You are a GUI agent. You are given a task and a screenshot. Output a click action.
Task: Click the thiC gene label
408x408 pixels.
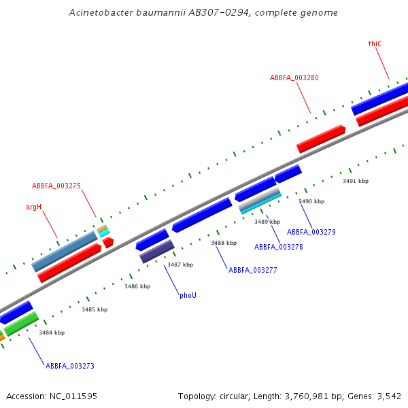tap(375, 44)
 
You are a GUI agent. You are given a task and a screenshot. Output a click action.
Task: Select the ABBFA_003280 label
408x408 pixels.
tap(294, 78)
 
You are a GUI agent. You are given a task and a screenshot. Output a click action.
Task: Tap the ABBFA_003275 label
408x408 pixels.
tap(56, 186)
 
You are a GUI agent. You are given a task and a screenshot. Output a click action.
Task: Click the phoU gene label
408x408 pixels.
tap(188, 295)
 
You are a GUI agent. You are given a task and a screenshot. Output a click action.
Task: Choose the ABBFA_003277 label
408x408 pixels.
tap(253, 270)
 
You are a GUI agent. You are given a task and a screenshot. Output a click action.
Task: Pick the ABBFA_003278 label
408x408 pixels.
tap(279, 247)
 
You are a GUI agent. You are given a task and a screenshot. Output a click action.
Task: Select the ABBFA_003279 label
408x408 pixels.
tap(311, 232)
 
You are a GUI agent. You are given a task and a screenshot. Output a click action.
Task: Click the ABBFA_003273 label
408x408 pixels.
tap(70, 366)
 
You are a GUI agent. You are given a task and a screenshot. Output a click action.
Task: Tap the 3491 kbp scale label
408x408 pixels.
tap(356, 181)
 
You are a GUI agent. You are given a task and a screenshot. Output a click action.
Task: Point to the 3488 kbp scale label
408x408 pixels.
tap(224, 243)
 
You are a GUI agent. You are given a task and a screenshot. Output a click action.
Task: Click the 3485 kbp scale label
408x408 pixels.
tap(95, 309)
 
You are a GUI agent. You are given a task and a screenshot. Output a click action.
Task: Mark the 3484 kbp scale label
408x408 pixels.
tap(52, 333)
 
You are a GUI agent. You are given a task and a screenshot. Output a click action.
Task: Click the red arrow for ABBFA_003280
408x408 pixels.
tap(321, 138)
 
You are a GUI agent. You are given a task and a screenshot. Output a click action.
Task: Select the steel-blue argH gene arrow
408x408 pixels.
tap(65, 251)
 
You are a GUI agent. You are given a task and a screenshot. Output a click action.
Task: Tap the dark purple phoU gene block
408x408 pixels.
tap(157, 251)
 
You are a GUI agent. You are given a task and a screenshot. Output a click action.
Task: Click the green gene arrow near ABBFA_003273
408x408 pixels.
tap(21, 323)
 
